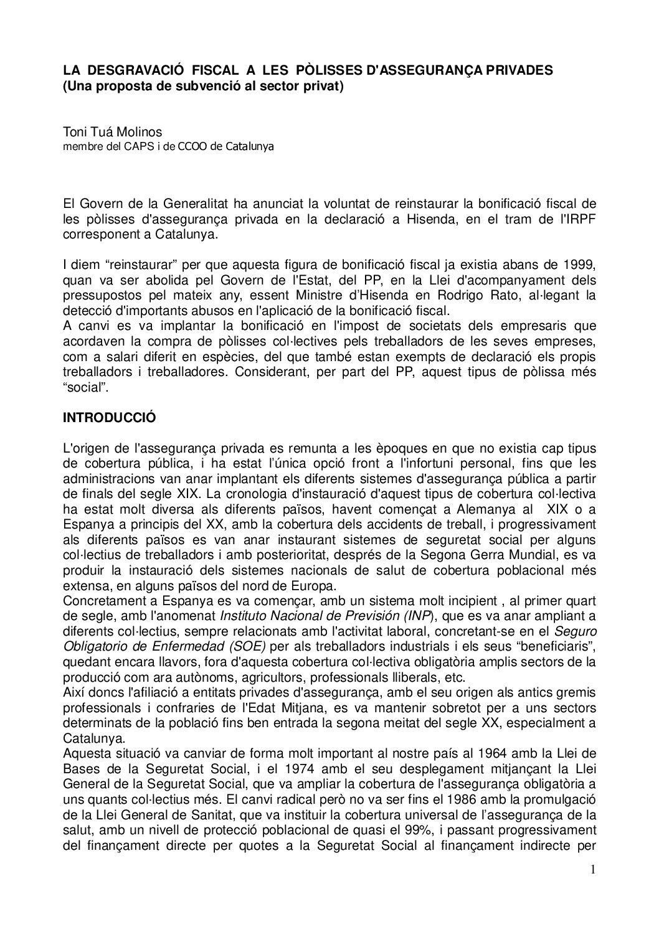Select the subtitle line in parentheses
(x=203, y=87)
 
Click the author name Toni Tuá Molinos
(x=112, y=132)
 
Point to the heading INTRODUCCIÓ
(x=110, y=418)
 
